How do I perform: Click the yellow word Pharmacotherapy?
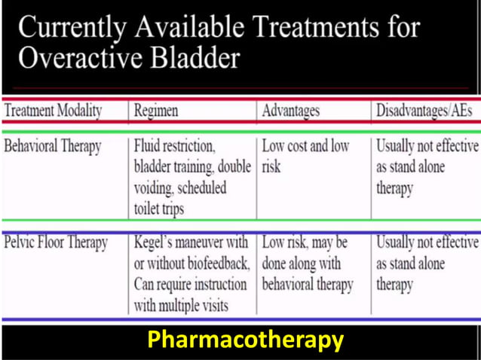pos(245,340)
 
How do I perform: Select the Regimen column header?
pos(156,111)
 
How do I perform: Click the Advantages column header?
pos(290,111)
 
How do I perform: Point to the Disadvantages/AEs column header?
pos(424,111)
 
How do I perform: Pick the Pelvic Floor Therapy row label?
pos(56,243)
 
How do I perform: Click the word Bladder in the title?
pos(198,58)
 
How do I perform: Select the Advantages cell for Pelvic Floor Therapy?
pos(307,264)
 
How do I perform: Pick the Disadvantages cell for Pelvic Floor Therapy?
pos(426,264)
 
